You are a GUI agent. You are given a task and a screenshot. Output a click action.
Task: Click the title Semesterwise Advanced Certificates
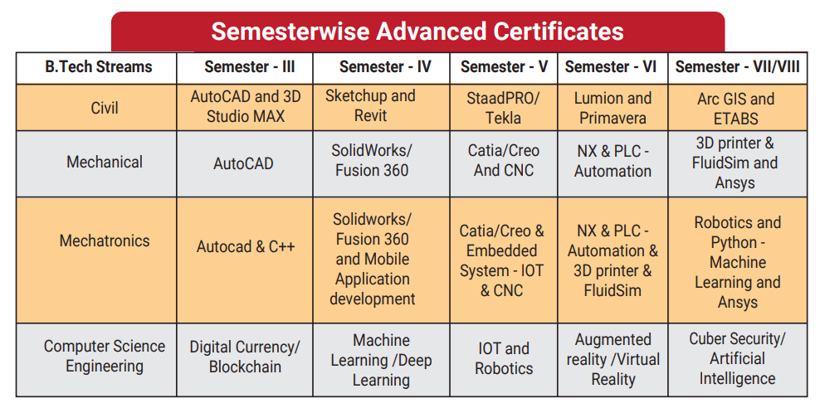(417, 32)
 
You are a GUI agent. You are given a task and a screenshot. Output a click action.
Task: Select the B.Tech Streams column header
(98, 67)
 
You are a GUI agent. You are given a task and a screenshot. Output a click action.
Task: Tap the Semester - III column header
(250, 67)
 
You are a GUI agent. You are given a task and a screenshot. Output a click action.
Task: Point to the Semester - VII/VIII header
(737, 67)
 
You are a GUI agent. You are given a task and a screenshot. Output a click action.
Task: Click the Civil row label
(105, 108)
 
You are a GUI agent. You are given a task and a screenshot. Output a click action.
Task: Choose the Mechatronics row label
(105, 240)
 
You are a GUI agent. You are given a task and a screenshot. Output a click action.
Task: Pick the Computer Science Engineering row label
(105, 357)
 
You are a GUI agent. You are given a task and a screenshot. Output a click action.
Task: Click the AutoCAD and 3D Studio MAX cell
(246, 106)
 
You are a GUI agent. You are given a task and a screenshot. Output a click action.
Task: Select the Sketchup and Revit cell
(370, 105)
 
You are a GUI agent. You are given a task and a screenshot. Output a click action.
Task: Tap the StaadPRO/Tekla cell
(503, 108)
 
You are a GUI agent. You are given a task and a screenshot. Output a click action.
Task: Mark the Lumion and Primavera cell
(613, 108)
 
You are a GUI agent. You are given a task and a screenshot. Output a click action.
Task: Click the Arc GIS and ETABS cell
(736, 109)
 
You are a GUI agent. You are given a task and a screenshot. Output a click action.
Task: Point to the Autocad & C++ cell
(246, 246)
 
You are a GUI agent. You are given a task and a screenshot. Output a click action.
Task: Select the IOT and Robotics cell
(504, 358)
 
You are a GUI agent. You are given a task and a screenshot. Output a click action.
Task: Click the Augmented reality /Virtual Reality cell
(613, 359)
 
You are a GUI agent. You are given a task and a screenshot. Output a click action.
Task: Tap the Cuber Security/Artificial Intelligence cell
(737, 358)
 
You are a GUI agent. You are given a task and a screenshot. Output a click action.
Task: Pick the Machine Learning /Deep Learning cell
(381, 360)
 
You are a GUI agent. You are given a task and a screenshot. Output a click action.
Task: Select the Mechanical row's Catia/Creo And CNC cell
(504, 160)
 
